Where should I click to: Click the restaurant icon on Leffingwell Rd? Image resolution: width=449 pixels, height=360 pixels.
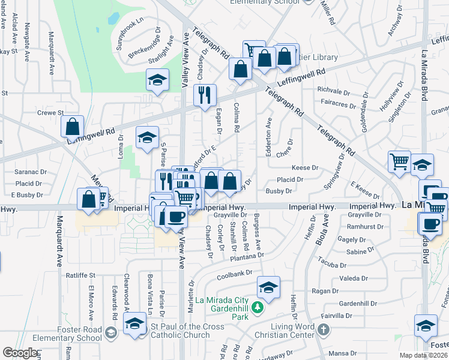[x=205, y=95]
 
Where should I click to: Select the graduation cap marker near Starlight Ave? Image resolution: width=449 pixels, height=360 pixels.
[x=157, y=80]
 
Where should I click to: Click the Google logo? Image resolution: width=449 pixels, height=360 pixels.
[x=20, y=353]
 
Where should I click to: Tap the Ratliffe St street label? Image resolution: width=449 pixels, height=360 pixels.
[x=81, y=275]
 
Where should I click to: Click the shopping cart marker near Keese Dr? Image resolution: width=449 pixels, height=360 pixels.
[x=399, y=161]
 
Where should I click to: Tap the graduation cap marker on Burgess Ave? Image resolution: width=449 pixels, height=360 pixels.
[x=268, y=287]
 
